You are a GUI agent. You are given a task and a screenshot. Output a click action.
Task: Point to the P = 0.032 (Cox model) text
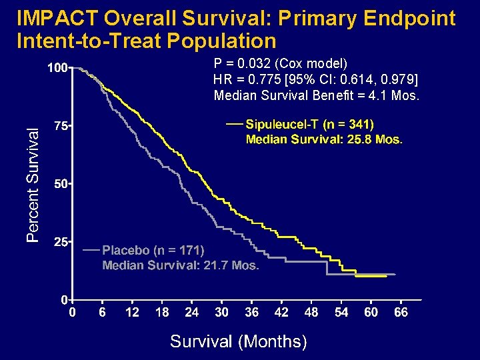(280, 64)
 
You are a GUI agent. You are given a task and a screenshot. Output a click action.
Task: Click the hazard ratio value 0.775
(254, 79)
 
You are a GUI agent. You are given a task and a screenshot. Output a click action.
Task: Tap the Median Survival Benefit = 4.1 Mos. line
(317, 95)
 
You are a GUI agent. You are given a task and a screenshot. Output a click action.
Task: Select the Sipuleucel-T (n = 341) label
(310, 125)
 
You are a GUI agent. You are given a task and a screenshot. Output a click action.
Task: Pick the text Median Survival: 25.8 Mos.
(324, 139)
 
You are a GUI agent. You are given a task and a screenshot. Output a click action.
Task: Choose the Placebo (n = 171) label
(153, 251)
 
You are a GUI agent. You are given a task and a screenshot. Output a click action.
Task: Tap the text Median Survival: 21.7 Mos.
(180, 265)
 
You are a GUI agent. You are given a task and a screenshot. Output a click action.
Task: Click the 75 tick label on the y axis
(59, 126)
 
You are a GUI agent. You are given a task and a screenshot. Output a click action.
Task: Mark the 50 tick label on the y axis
(59, 184)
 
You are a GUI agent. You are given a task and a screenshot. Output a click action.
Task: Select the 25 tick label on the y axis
(59, 242)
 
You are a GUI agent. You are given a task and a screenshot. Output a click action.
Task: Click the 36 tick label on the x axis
(252, 312)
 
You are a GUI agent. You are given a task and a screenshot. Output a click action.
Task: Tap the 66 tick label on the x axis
(401, 312)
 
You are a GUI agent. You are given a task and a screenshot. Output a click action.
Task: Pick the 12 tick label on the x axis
(132, 312)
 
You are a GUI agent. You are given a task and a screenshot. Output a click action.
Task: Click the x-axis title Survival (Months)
(239, 341)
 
